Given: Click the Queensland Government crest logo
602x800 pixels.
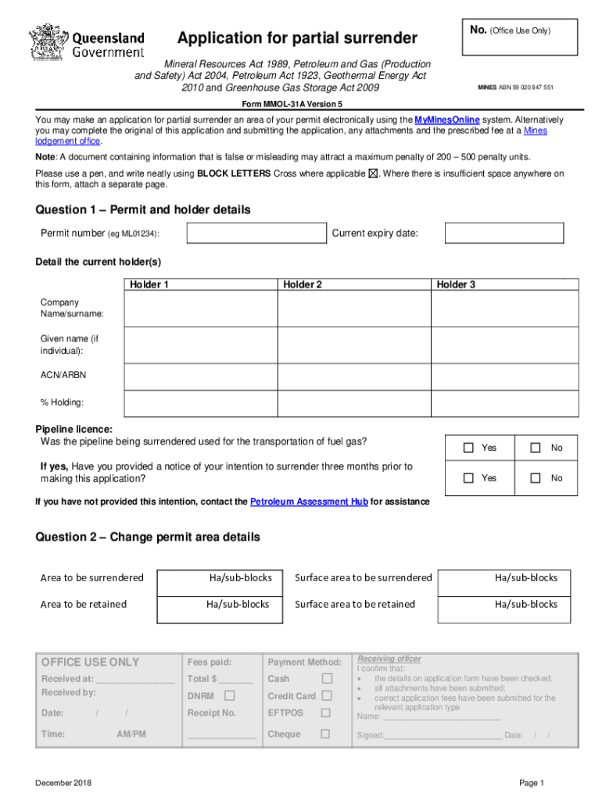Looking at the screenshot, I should (x=48, y=42).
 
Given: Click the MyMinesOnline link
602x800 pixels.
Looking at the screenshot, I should (x=446, y=120).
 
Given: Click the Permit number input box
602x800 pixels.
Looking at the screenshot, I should (x=256, y=234).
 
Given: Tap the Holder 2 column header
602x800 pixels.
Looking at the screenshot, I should (x=303, y=285).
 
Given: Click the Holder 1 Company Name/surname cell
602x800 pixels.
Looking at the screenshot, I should (x=200, y=309).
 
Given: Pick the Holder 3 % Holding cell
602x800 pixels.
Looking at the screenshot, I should (x=505, y=402).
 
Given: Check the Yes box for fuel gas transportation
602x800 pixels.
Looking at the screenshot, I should (x=468, y=448).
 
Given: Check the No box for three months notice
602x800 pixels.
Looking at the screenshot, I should (x=536, y=478).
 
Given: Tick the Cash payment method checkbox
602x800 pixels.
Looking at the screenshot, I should (x=327, y=678).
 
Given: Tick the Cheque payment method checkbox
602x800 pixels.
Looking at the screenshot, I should (x=325, y=734).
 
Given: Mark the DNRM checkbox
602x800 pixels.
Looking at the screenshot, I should (x=229, y=695).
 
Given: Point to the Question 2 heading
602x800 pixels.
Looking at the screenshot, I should (x=148, y=537).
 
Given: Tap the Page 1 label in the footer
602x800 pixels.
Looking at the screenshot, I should (x=531, y=783).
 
